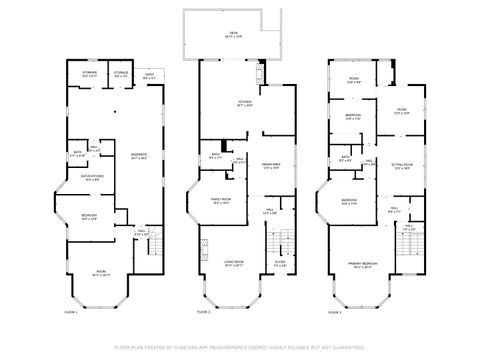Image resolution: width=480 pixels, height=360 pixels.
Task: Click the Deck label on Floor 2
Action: coord(234,35)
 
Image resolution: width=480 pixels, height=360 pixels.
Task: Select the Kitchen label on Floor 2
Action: coord(243,103)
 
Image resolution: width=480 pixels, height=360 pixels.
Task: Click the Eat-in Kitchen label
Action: coord(94,179)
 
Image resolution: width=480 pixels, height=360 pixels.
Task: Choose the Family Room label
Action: coord(221,201)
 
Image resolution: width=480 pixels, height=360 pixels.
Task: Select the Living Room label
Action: coord(234,264)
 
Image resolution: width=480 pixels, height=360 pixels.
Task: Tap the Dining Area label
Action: coord(268,167)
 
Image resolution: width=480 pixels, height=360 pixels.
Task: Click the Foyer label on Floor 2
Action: coord(279,265)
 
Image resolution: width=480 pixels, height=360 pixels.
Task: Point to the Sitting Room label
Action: coord(402,167)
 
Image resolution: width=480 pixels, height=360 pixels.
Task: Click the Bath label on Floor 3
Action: coord(345,157)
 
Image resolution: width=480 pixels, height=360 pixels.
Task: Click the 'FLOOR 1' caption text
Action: coord(69,312)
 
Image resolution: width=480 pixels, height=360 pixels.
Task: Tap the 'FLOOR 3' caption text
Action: coord(334,312)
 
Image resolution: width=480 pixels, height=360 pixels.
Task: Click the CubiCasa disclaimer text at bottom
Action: coord(240,347)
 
